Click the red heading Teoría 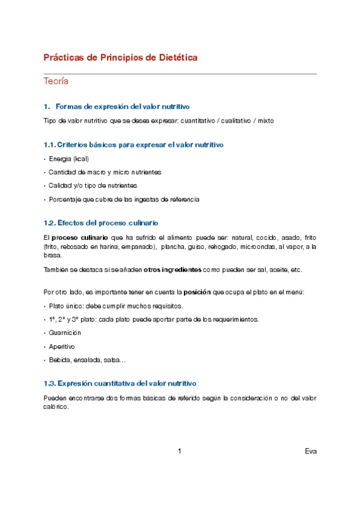[x=56, y=81]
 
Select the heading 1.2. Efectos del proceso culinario [x=101, y=223]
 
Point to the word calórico [x=56, y=407]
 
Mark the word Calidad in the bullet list [x=60, y=186]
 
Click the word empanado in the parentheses [x=138, y=247]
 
